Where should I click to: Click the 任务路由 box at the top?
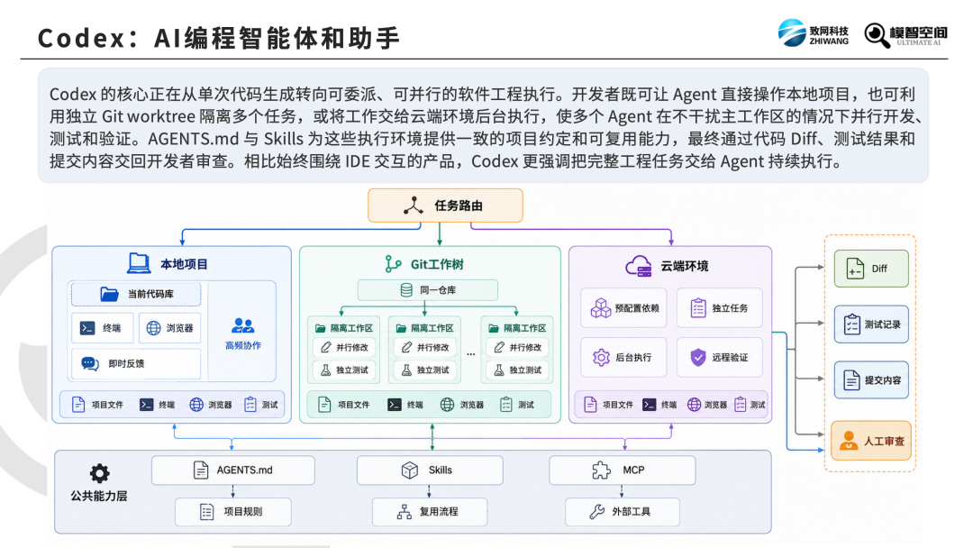click(x=446, y=205)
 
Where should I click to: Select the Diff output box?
click(x=871, y=268)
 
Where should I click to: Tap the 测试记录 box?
click(x=871, y=324)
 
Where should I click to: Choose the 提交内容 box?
click(x=871, y=379)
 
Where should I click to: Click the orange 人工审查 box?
click(x=871, y=441)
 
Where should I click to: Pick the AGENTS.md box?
click(x=233, y=470)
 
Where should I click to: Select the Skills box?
click(x=430, y=470)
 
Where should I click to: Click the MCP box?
click(x=623, y=470)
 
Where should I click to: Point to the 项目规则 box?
click(x=233, y=512)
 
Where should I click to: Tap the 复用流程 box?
click(x=430, y=512)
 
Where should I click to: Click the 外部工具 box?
click(x=623, y=512)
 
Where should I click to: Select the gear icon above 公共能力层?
click(x=99, y=473)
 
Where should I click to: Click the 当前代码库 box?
click(x=136, y=294)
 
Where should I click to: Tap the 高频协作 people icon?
click(x=242, y=325)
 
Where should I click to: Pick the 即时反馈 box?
click(x=136, y=363)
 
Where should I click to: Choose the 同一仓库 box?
click(x=428, y=290)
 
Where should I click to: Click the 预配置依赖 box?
click(x=623, y=308)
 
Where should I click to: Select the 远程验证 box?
click(x=719, y=358)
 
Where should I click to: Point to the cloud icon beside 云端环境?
click(x=639, y=266)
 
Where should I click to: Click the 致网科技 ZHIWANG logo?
click(x=813, y=32)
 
